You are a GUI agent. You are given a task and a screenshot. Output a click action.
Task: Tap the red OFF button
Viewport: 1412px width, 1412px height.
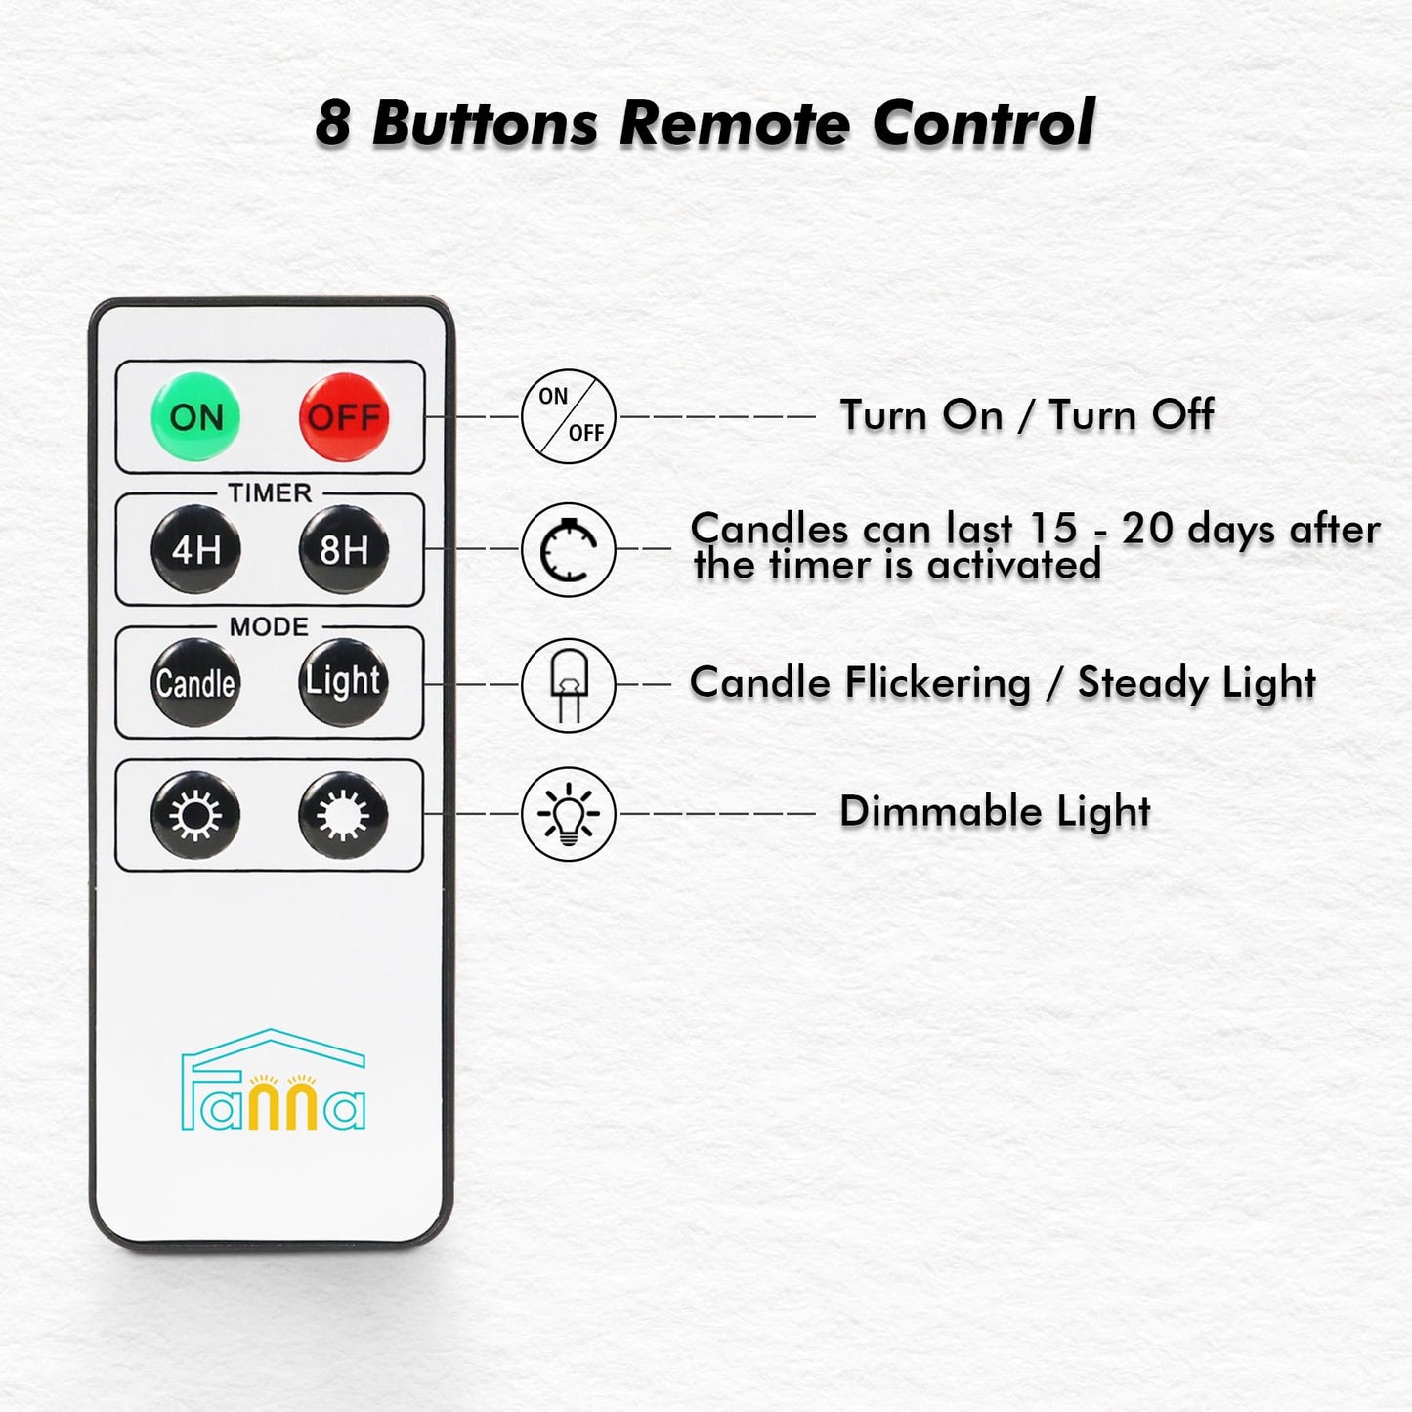point(344,417)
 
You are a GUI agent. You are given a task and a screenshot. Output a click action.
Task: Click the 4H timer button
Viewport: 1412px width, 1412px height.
point(195,549)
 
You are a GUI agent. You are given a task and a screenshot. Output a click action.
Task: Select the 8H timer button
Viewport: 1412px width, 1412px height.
point(344,549)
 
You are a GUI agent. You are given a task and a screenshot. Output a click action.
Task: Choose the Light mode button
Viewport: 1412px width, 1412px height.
point(344,682)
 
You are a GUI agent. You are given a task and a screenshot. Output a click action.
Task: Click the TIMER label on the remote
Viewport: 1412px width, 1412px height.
point(270,493)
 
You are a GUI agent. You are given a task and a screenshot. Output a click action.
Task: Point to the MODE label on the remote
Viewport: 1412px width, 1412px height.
point(269,626)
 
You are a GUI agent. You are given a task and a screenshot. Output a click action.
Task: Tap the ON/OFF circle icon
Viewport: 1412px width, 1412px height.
point(569,416)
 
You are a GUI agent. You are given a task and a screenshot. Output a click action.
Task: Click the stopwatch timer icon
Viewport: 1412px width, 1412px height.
point(569,549)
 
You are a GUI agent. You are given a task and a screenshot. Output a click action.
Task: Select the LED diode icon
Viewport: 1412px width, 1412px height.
point(569,684)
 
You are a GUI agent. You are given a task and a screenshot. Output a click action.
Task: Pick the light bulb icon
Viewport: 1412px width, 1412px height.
point(569,813)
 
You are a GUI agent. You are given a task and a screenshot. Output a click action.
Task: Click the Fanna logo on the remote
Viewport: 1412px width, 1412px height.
point(274,1080)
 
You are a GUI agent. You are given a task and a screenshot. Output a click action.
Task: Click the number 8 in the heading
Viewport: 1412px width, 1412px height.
point(333,123)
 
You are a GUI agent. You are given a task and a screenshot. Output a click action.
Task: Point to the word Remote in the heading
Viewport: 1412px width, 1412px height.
point(734,123)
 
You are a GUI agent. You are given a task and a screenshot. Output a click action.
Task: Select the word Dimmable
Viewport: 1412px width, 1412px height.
point(940,812)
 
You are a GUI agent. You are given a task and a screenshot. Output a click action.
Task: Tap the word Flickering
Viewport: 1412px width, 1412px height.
point(937,684)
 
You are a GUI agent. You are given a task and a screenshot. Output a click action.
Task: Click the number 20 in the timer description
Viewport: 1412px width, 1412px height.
point(1149,529)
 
